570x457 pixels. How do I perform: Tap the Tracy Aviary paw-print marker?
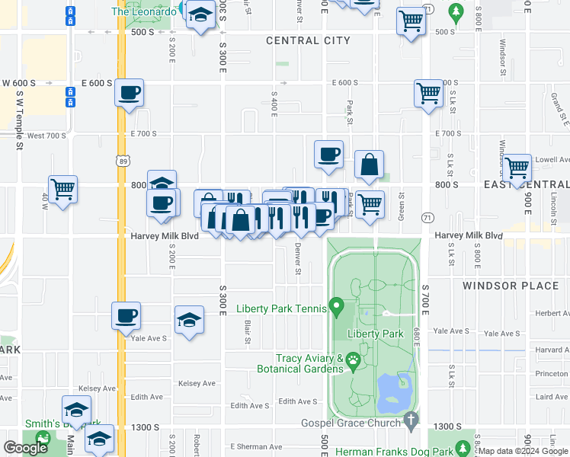coord(353,360)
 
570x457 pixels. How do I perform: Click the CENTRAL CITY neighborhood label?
coord(308,40)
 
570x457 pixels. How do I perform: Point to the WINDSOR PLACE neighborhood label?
coord(511,286)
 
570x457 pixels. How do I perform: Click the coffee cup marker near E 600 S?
coord(129,94)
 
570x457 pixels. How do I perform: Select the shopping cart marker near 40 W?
coord(62,189)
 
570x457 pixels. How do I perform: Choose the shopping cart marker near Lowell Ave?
coord(517,167)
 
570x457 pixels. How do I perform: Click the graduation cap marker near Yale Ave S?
coord(189,320)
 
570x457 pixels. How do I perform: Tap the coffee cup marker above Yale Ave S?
coord(126,315)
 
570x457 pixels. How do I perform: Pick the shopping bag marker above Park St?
coord(369,165)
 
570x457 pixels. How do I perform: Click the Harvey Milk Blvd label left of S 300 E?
coord(165,236)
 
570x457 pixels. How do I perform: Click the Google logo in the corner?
coord(25,448)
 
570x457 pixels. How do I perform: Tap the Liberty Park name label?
coord(375,334)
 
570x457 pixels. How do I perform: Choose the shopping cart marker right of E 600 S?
coord(428,94)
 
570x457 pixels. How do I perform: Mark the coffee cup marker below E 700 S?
coord(328,155)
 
